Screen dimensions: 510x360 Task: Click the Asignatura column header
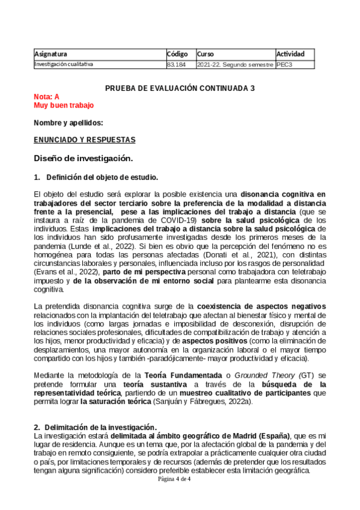point(51,54)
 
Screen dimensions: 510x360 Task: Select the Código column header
point(177,54)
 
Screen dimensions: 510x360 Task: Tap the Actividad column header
point(290,54)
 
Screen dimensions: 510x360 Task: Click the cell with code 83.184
point(177,64)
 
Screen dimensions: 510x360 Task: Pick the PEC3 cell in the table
point(284,64)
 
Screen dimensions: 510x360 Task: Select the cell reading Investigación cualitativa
point(64,64)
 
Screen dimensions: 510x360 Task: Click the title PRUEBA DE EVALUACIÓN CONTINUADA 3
point(180,88)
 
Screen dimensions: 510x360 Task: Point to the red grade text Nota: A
point(47,97)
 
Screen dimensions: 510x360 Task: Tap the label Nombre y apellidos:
point(69,123)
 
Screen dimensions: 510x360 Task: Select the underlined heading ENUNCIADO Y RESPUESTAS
point(85,140)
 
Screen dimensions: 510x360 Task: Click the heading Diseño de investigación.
point(83,159)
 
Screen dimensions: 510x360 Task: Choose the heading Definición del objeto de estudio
point(102,177)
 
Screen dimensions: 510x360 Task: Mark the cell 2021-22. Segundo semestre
point(235,64)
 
